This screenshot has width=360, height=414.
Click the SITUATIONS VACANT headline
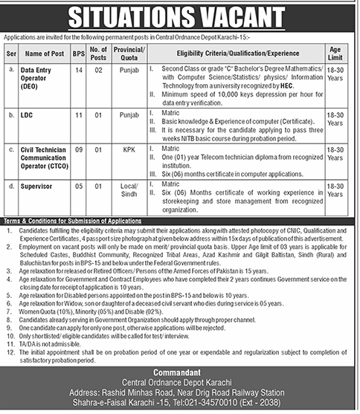[180, 16]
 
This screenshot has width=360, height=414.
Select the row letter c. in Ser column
[10, 149]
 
